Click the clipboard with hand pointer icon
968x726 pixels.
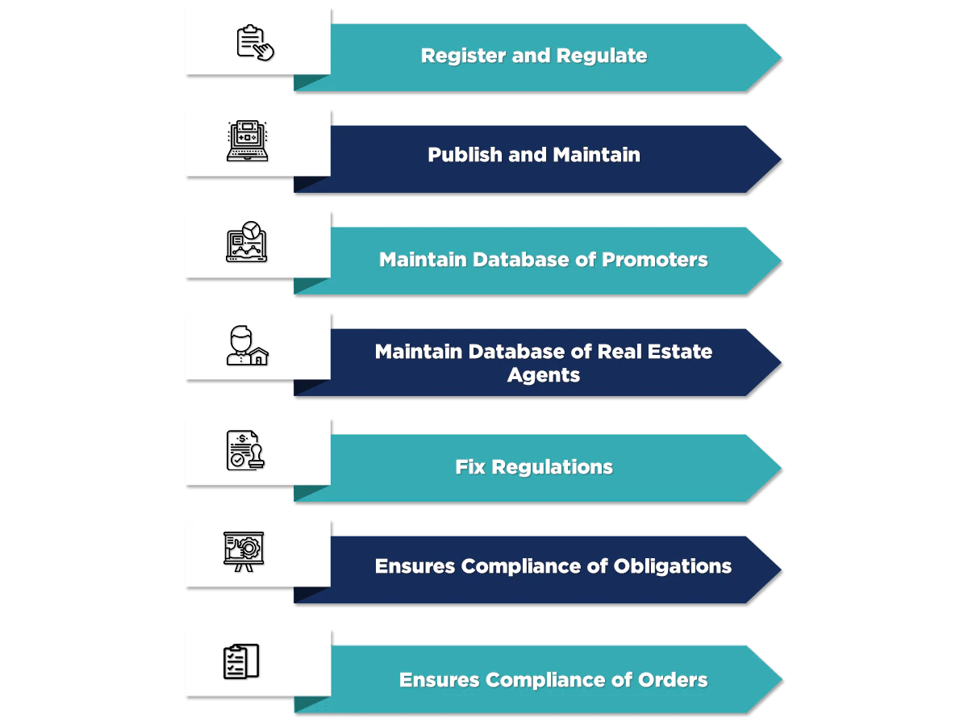(255, 42)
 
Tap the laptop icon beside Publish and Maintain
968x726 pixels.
(247, 141)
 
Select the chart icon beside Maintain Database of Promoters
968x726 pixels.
(246, 242)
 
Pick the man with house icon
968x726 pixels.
(247, 346)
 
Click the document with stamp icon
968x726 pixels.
(246, 450)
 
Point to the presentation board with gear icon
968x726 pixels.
(244, 552)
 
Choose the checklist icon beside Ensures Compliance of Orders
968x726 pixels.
(241, 661)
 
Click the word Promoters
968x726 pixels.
(655, 260)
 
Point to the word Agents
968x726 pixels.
(543, 375)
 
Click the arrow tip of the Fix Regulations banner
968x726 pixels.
(776, 467)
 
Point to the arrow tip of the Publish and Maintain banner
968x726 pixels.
(776, 158)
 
